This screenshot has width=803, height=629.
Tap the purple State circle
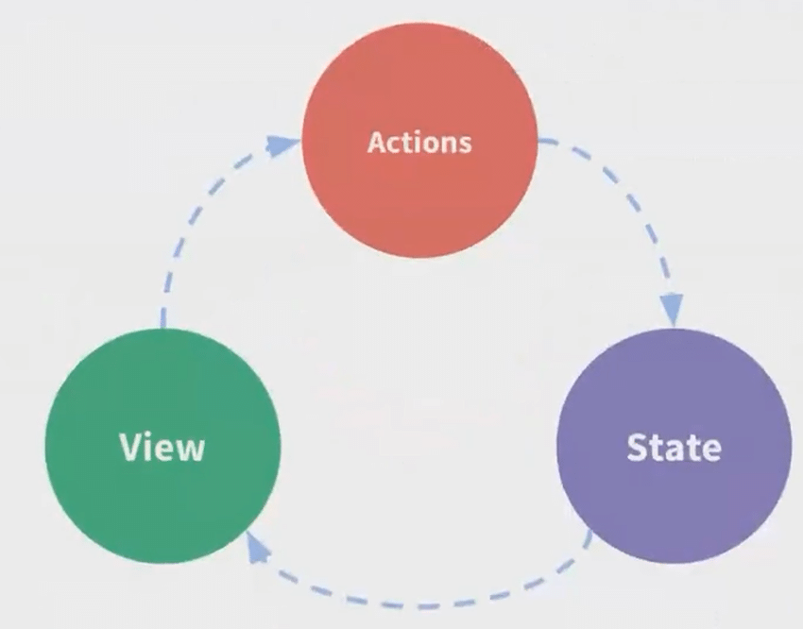coord(675,501)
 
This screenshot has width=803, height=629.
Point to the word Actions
coord(419,143)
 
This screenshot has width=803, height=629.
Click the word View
coord(162,446)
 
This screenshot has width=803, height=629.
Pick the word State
coord(675,447)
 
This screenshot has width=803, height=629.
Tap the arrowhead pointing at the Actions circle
coord(281,144)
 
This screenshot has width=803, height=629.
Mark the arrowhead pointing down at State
coord(672,308)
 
